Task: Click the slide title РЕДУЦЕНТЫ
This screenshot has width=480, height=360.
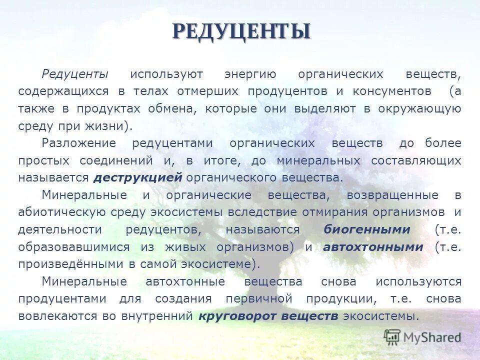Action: coord(241,31)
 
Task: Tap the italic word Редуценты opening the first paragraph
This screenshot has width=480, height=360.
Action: coord(75,74)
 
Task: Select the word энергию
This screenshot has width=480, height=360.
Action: coord(250,74)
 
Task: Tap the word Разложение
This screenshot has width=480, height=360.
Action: coord(79,143)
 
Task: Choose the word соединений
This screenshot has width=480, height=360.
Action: coord(115,160)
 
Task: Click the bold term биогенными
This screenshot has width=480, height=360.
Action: coord(367,229)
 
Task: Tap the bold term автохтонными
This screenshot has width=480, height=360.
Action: coord(373,247)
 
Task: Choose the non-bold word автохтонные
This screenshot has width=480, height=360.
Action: coord(185,281)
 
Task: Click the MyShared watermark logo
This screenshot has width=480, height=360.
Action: coord(422,337)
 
